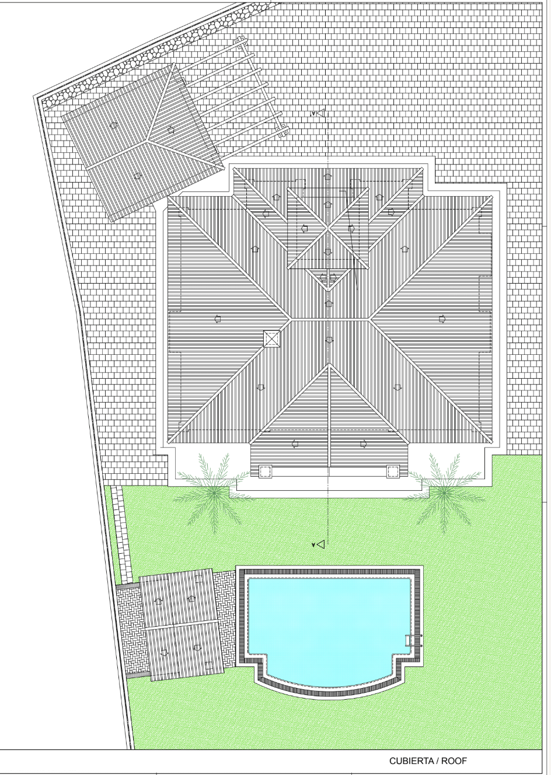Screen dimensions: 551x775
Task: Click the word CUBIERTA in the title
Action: (x=411, y=761)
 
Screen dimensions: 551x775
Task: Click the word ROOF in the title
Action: (x=454, y=761)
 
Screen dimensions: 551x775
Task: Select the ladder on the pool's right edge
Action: (x=414, y=640)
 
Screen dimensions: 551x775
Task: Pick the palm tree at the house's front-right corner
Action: (x=444, y=493)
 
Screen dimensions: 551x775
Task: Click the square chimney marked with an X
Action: (x=271, y=338)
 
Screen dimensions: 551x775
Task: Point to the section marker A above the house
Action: (x=319, y=113)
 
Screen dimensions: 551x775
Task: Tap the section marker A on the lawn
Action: (x=319, y=544)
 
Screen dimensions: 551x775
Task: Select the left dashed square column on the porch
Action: (x=265, y=471)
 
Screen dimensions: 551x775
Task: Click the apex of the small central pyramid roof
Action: (x=328, y=228)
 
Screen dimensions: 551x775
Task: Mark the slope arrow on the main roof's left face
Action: (x=217, y=319)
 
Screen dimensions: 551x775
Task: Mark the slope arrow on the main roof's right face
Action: (x=442, y=319)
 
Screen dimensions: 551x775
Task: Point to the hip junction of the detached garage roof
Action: (x=148, y=141)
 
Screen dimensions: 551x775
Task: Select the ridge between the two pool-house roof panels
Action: (x=181, y=624)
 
